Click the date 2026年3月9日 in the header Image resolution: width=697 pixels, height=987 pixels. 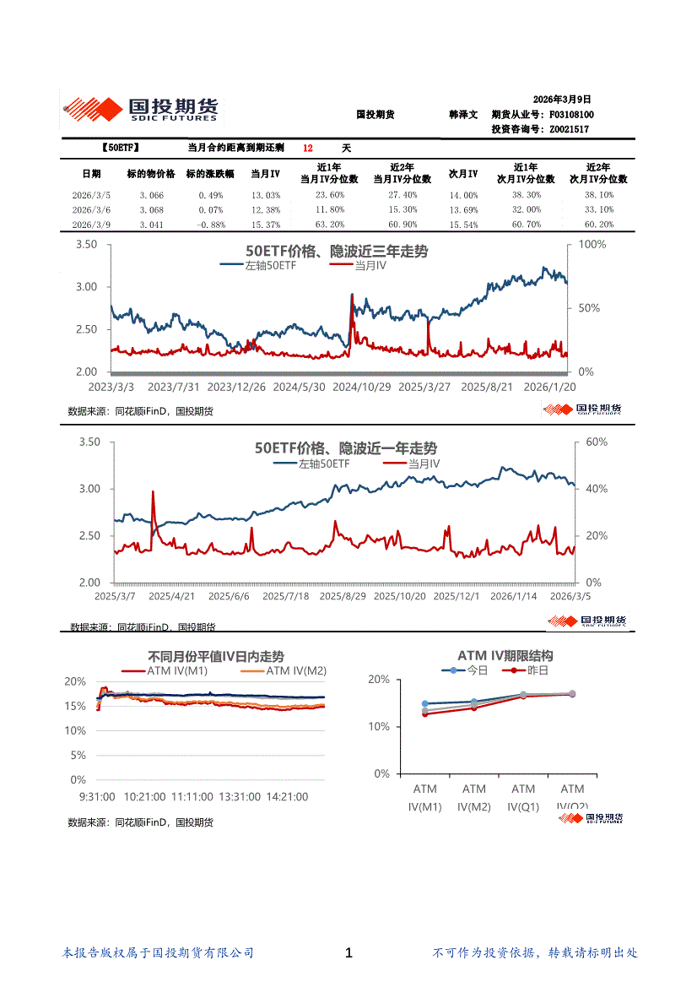click(563, 99)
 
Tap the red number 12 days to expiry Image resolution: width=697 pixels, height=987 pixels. click(308, 148)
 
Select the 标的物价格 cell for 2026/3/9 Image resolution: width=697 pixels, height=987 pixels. click(151, 225)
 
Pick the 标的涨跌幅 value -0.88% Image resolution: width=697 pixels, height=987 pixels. click(210, 225)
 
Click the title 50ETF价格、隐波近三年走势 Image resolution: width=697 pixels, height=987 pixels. click(336, 252)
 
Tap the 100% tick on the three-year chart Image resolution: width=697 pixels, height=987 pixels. click(589, 245)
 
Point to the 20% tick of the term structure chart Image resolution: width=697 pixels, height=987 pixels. click(379, 680)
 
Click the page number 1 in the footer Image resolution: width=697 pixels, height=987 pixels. click(349, 953)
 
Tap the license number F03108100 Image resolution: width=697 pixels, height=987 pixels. click(571, 114)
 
